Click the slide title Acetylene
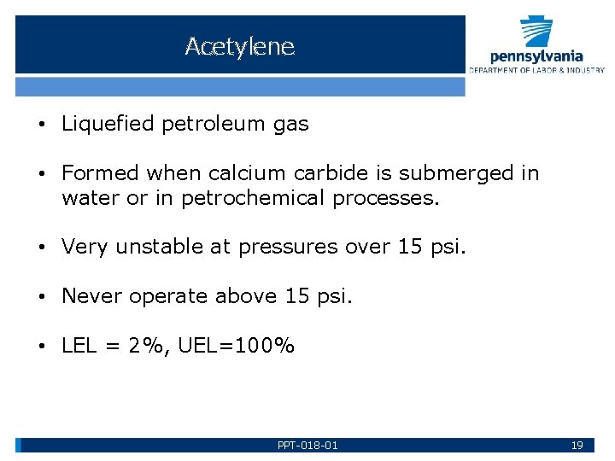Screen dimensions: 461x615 pyautogui.click(x=239, y=46)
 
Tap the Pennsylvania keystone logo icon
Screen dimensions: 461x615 pyautogui.click(x=537, y=32)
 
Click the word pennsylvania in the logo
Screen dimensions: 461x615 pyautogui.click(x=536, y=56)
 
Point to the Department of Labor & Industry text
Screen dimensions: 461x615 pyautogui.click(x=536, y=70)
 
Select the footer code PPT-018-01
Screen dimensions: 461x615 pyautogui.click(x=307, y=446)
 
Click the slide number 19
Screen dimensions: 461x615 pyautogui.click(x=577, y=446)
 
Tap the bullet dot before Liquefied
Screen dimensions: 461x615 pyautogui.click(x=41, y=125)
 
